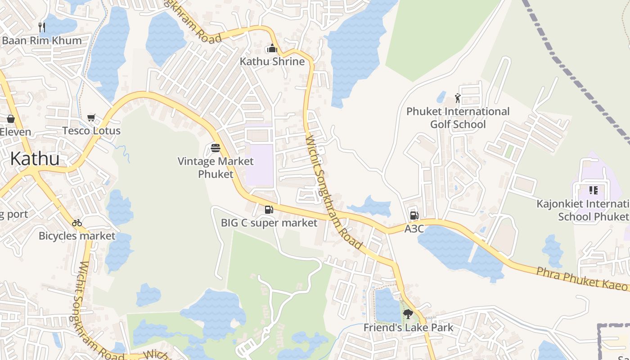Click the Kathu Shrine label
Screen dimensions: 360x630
(272, 62)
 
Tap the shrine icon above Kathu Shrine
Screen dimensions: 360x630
(272, 48)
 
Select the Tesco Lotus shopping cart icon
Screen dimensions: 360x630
(91, 118)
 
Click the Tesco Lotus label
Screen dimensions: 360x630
(91, 131)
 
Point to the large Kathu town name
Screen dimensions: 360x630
(35, 159)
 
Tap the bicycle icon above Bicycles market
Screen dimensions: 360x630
(77, 223)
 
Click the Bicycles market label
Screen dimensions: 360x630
(77, 236)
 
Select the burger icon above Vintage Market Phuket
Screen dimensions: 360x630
(216, 148)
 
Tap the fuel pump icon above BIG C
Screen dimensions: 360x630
(269, 209)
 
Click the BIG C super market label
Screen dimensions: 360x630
(269, 223)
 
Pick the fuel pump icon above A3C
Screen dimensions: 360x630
(414, 216)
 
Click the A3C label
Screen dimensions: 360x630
(414, 229)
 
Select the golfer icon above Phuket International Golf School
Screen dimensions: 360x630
(458, 98)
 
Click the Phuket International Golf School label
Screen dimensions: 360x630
(458, 117)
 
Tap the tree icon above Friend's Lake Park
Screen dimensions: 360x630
(408, 314)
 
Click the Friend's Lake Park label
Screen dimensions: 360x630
(408, 328)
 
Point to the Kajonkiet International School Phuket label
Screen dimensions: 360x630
(585, 210)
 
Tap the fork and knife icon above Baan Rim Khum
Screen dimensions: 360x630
(42, 27)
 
